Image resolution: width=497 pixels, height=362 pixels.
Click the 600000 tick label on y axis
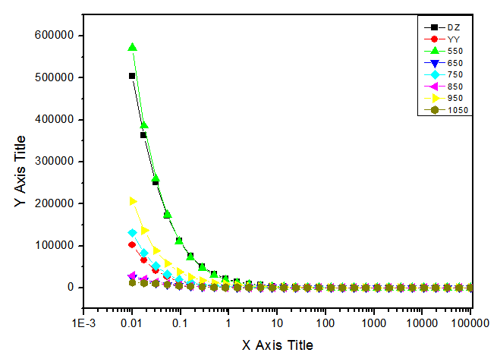tap(55, 36)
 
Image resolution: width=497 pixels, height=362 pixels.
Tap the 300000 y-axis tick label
tap(55, 162)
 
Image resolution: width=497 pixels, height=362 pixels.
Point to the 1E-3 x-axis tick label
tap(83, 324)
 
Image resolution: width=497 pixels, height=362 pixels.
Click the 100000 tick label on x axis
tap(470, 324)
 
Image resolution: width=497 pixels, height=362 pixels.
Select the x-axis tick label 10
tap(277, 324)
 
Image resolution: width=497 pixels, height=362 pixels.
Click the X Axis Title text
tap(277, 345)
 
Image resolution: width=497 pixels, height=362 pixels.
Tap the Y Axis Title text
tap(20, 172)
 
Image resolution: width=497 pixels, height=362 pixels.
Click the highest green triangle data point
tap(132, 47)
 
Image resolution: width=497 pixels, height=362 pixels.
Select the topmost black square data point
tap(132, 76)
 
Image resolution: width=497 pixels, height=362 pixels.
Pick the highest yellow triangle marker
tap(133, 201)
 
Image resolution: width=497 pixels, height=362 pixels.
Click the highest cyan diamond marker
tap(132, 233)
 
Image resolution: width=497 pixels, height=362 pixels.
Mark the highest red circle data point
tap(132, 244)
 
